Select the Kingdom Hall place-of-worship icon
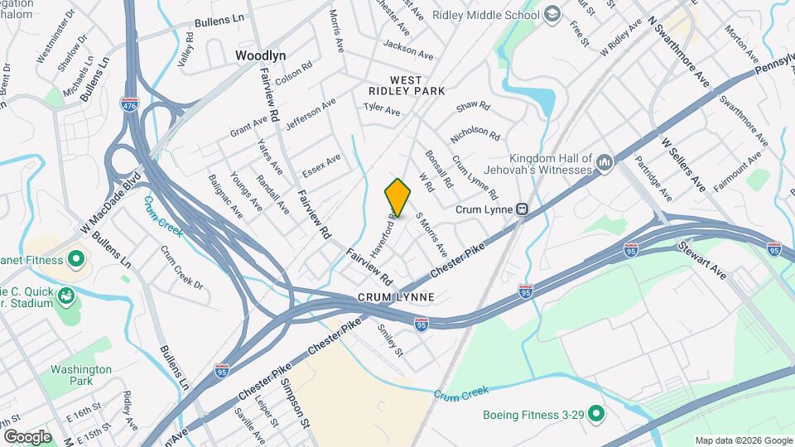604,164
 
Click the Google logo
27,437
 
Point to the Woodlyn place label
260,55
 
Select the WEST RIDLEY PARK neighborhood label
406,84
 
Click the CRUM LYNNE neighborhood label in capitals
396,296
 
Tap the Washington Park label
80,375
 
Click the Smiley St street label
390,339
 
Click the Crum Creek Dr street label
181,267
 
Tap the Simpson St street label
295,402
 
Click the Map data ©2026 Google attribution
743,440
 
